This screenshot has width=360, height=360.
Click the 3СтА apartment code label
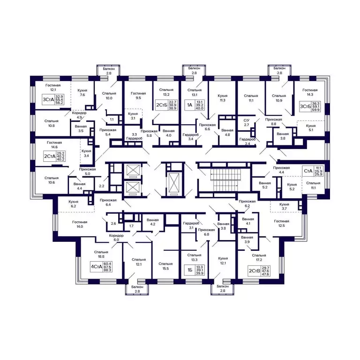click(x=48, y=99)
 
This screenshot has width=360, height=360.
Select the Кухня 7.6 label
click(x=82, y=92)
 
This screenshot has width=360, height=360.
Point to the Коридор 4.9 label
click(x=79, y=115)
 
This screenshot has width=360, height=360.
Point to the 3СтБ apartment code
click(x=305, y=106)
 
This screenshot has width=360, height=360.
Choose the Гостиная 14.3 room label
click(x=310, y=92)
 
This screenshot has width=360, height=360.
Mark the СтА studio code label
click(x=308, y=171)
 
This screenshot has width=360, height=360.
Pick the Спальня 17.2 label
click(x=259, y=258)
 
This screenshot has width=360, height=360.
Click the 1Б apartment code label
click(x=190, y=270)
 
